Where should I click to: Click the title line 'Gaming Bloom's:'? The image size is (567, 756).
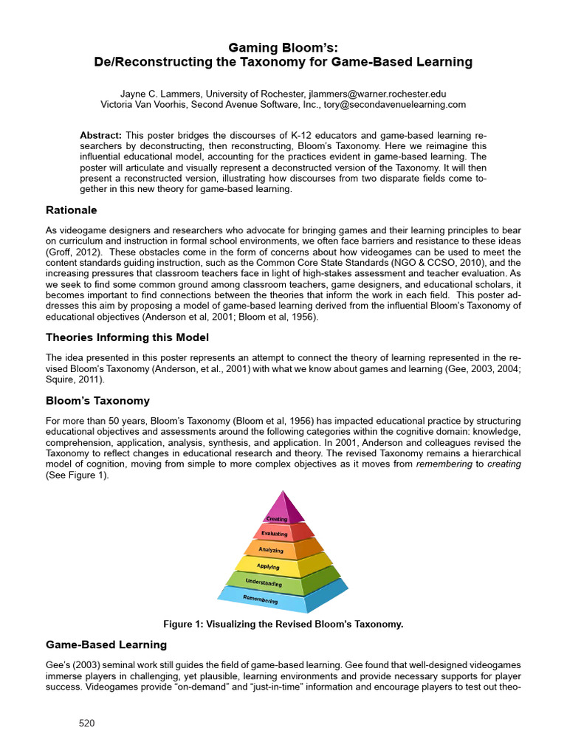tap(283, 47)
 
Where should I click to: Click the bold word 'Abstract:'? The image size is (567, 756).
tap(100, 135)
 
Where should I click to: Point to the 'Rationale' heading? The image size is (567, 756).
tap(72, 210)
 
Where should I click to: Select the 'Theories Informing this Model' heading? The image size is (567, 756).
tap(128, 337)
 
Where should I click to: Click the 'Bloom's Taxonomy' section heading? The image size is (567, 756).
tap(97, 401)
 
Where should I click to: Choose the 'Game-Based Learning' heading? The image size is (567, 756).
tap(107, 645)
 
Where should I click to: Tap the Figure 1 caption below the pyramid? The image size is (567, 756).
tap(283, 624)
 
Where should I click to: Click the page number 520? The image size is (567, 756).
tap(87, 724)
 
